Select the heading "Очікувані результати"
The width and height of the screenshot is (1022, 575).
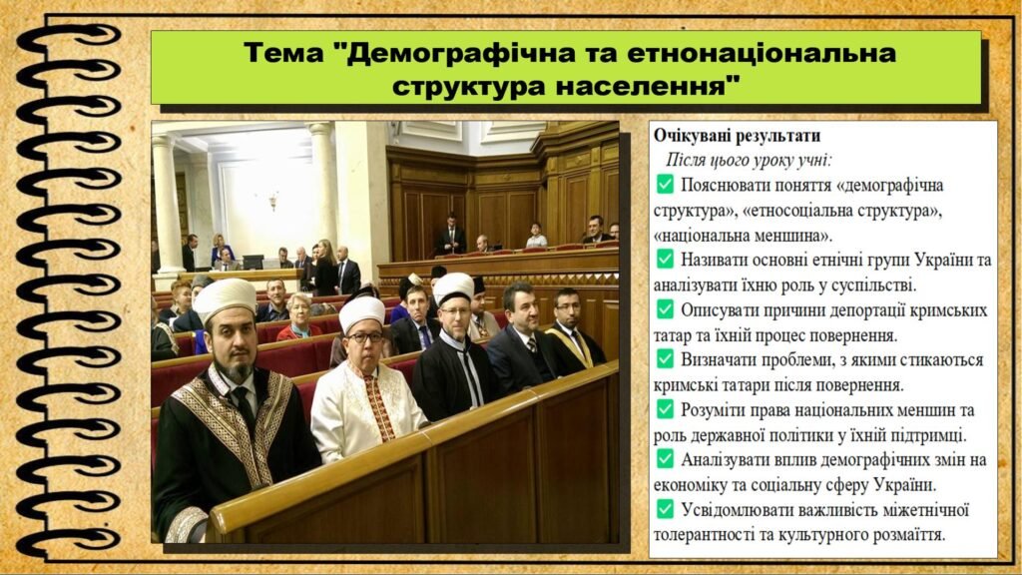(x=738, y=136)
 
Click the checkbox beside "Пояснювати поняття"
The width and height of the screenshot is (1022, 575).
(x=665, y=184)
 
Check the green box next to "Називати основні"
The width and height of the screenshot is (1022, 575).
(x=665, y=259)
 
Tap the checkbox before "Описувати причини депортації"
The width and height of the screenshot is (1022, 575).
(x=665, y=309)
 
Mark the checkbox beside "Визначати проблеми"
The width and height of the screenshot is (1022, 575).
(x=665, y=358)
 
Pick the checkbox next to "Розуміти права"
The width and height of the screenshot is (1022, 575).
(x=665, y=409)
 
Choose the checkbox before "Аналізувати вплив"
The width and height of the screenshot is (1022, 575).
(x=665, y=459)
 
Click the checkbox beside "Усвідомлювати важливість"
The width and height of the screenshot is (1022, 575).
(x=665, y=508)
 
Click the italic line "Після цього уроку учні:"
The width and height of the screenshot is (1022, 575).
(x=749, y=161)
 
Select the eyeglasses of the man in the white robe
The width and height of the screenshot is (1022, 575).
(x=365, y=337)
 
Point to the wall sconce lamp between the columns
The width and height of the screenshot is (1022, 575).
(x=273, y=202)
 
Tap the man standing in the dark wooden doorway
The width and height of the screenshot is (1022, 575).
(x=450, y=235)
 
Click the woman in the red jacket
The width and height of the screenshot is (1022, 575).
(x=299, y=318)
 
